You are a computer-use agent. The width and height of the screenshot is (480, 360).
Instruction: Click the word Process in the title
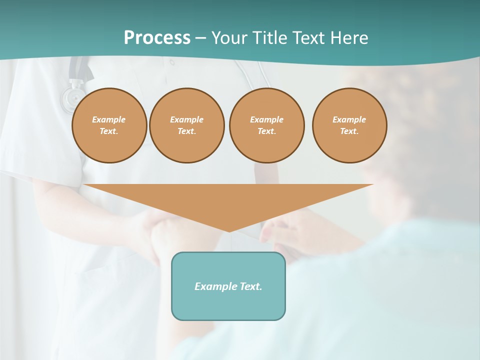[157, 38]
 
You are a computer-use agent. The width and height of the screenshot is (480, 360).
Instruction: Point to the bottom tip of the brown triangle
[229, 231]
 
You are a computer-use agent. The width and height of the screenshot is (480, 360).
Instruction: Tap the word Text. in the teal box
[250, 286]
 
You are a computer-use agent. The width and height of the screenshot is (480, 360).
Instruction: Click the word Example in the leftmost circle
[109, 119]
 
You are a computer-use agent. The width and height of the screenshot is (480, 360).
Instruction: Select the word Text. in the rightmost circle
[349, 131]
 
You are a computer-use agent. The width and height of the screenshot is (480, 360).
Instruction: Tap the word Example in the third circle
[266, 119]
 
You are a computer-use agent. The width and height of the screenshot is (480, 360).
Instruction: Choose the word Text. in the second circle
[186, 131]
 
